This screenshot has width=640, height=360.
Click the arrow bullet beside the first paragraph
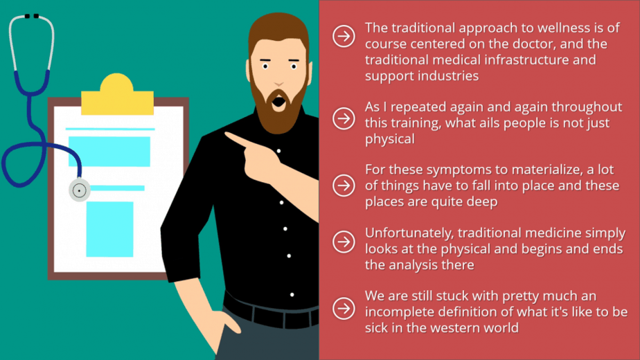(x=344, y=36)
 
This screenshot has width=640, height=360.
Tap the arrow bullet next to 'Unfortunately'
(x=344, y=242)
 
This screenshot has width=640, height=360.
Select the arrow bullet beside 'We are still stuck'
(x=344, y=308)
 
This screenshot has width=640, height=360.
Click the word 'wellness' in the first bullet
(x=564, y=28)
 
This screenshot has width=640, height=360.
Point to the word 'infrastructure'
(x=523, y=60)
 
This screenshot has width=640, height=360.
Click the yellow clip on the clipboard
(x=117, y=94)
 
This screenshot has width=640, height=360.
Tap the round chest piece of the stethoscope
(x=79, y=190)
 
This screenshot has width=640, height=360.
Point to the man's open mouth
(x=278, y=101)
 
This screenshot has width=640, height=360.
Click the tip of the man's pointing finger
(x=226, y=134)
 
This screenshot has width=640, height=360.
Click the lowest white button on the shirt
(x=292, y=295)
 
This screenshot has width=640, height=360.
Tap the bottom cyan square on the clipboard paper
(x=109, y=229)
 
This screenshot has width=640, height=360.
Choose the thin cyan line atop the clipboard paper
(x=110, y=129)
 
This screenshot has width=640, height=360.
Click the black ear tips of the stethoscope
(x=31, y=17)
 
